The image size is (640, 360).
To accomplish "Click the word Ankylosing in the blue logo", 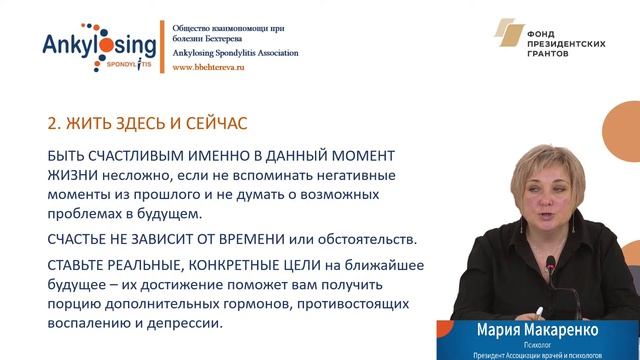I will pyautogui.click(x=99, y=45).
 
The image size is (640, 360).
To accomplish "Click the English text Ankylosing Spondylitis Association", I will pyautogui.click(x=236, y=53).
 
